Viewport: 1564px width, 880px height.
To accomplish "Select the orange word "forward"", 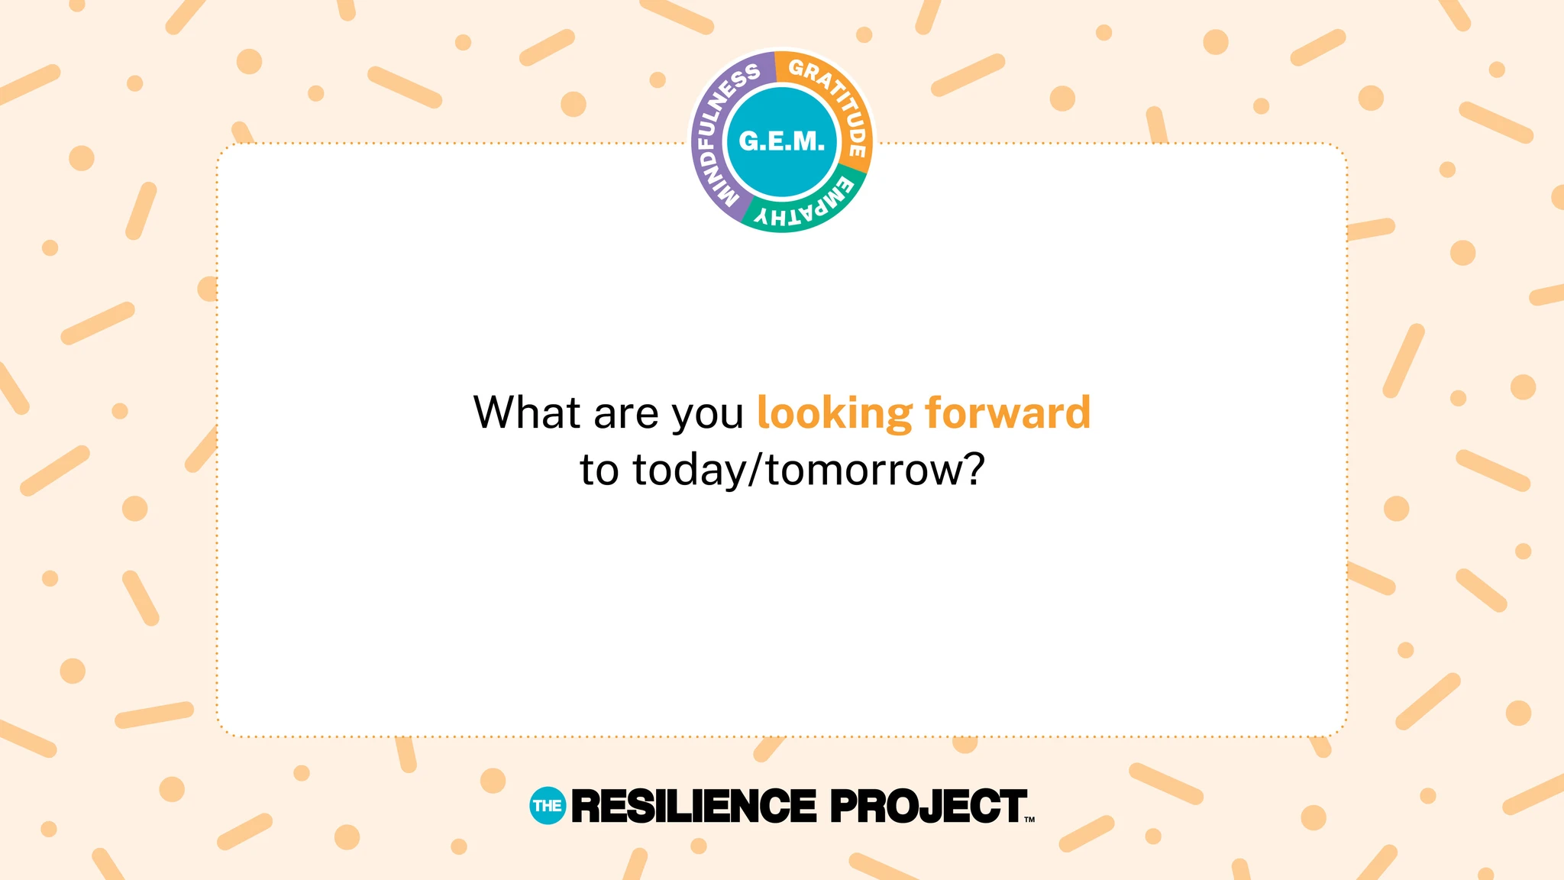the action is [1008, 412].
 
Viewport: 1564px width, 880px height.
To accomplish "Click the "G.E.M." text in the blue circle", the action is [782, 141].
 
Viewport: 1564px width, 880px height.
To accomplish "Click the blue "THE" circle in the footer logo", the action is [548, 806].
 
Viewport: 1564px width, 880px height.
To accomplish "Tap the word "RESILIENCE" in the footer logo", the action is [693, 807].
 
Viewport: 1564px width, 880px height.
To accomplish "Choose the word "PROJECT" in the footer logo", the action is [928, 807].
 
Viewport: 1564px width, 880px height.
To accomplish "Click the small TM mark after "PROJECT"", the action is [1029, 820].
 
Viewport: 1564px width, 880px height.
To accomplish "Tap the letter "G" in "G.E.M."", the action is [749, 141].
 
